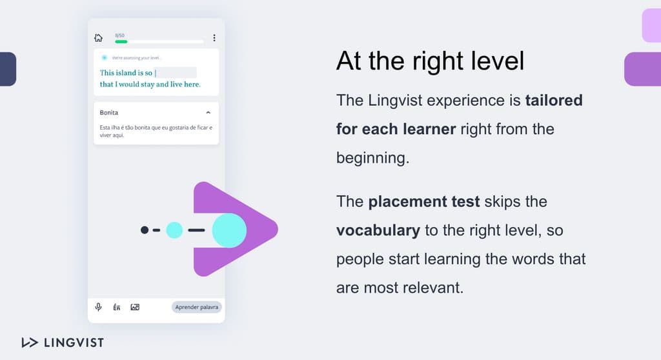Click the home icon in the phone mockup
pos(98,38)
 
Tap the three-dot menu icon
pos(214,38)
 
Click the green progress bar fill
pos(121,41)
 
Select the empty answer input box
pos(176,72)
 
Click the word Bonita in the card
pos(108,112)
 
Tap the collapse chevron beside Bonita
pos(208,112)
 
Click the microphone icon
pos(98,307)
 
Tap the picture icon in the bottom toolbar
pos(135,307)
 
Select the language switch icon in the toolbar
pos(116,307)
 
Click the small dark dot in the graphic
pos(145,230)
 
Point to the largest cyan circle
pos(229,230)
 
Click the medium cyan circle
pos(174,230)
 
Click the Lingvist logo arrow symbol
pos(30,343)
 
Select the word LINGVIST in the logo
pos(74,343)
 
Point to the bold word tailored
pos(553,101)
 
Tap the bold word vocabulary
pos(378,230)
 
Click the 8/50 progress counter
pos(119,35)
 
